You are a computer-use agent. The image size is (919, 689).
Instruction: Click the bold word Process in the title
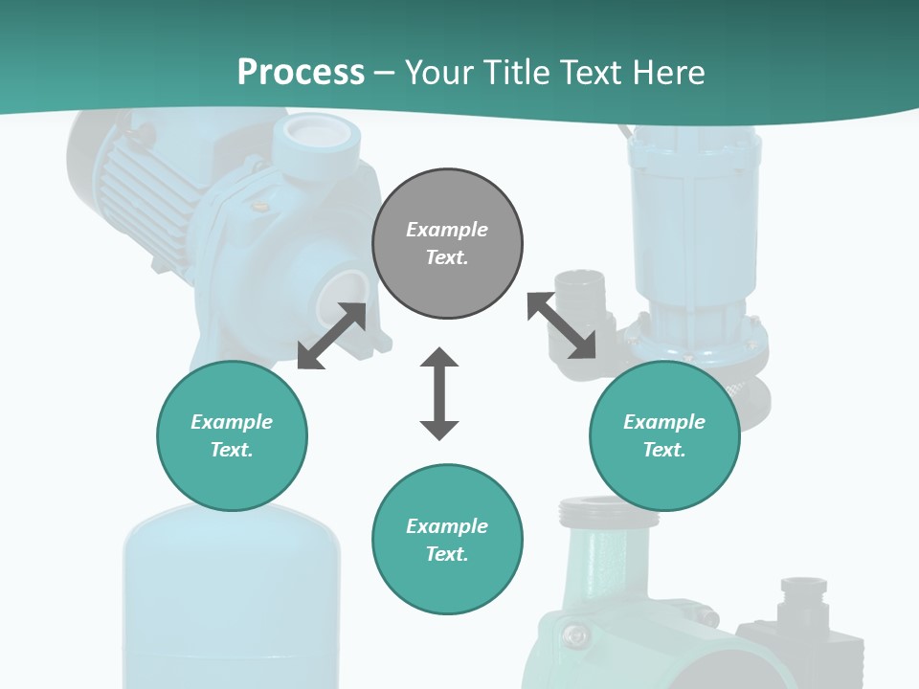(301, 73)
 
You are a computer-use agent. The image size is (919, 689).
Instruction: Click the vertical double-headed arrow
(439, 393)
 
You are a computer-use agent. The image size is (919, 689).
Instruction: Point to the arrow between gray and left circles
(332, 336)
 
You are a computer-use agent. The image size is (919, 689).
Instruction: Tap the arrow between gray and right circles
(561, 326)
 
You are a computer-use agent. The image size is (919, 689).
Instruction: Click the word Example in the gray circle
(447, 230)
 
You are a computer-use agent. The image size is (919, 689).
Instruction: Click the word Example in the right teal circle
(664, 422)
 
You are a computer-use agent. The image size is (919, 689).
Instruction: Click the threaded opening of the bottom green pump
(608, 511)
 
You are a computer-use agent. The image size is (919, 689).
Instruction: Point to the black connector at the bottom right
(804, 612)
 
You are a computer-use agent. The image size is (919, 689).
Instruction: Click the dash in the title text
(385, 73)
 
